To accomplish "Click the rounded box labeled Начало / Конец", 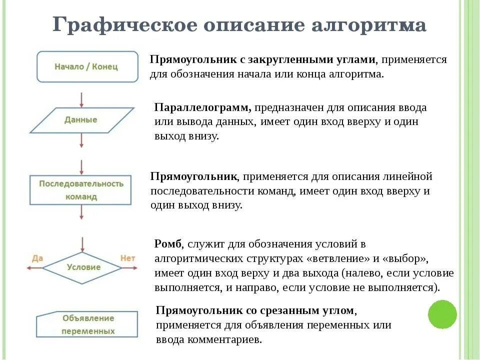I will [x=87, y=66].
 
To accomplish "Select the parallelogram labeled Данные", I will [x=81, y=120].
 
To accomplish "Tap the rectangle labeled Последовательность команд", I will [x=81, y=190].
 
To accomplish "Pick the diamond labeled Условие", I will [x=83, y=267].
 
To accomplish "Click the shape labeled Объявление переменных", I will [x=87, y=324].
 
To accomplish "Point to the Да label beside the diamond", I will [x=37, y=258].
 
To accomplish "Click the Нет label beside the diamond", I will [x=128, y=258].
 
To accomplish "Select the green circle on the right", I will [x=442, y=314].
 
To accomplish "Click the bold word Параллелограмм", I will [x=203, y=107].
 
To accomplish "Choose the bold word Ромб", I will [x=167, y=244].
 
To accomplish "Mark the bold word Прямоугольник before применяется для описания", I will [x=194, y=176].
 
